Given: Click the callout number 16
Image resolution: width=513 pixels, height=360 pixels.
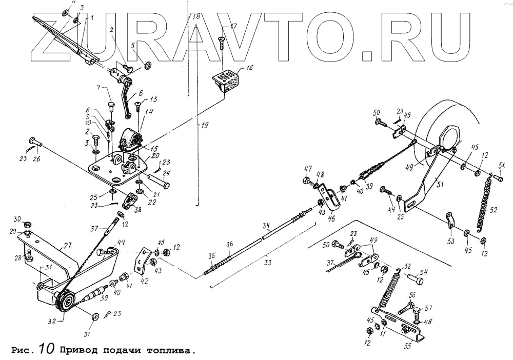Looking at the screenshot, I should pos(249,68).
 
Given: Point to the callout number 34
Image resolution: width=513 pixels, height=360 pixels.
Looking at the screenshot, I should pos(266,225).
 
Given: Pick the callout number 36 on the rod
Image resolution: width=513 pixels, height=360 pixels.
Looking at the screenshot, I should pos(229,244).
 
